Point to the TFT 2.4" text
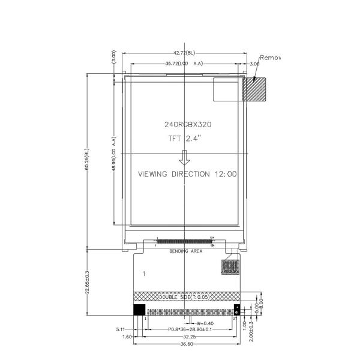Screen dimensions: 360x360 [x=188, y=139]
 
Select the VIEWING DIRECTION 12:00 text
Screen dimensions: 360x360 [x=187, y=174]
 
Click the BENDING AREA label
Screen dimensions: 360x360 [x=185, y=251]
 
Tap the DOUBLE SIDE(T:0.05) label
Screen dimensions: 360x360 [x=185, y=297]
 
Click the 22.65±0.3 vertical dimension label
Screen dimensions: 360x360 [x=88, y=282]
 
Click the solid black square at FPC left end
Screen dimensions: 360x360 [x=138, y=310]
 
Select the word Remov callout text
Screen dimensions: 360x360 [x=270, y=58]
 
